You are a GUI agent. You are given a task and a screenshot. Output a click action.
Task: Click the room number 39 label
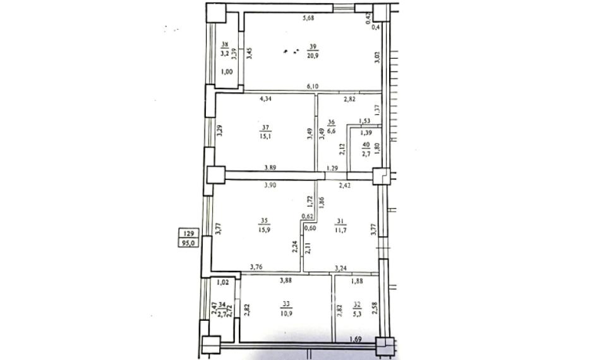click(x=312, y=46)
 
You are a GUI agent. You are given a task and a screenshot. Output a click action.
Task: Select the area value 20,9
click(x=312, y=55)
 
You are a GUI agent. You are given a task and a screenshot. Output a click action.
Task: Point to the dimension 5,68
click(x=309, y=18)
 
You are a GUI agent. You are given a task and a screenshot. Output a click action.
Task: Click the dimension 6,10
click(x=312, y=86)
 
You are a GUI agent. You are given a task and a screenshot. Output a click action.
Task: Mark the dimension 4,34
click(x=267, y=98)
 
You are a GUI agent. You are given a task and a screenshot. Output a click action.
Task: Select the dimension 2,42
click(x=346, y=185)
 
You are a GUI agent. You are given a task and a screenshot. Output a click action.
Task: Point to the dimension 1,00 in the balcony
click(x=225, y=72)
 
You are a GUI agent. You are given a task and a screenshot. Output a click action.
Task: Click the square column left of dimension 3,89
click(x=215, y=175)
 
